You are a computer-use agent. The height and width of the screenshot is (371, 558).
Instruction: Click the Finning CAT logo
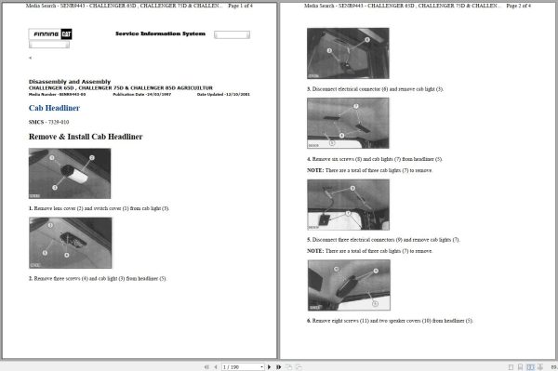(51, 34)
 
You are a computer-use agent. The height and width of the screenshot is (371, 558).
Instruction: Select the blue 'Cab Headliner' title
(55, 108)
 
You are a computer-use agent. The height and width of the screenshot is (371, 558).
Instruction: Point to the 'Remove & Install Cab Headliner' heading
(86, 137)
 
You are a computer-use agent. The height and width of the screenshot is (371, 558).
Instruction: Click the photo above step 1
(70, 174)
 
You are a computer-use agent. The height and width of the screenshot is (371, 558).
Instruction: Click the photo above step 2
(70, 243)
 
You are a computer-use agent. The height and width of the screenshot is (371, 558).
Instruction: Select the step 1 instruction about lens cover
(99, 208)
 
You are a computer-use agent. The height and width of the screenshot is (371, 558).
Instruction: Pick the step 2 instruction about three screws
(97, 278)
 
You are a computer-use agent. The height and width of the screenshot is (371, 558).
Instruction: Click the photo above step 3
(348, 53)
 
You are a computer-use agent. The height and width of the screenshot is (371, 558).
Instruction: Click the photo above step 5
(348, 205)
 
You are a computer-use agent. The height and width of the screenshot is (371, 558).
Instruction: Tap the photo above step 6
(348, 285)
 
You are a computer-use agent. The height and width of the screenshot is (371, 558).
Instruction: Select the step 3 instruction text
(375, 89)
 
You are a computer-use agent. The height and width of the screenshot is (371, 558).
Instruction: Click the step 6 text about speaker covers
(390, 321)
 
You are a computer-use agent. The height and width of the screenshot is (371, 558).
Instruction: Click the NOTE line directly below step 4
(370, 171)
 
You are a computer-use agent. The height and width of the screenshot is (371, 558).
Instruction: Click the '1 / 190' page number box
(232, 366)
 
